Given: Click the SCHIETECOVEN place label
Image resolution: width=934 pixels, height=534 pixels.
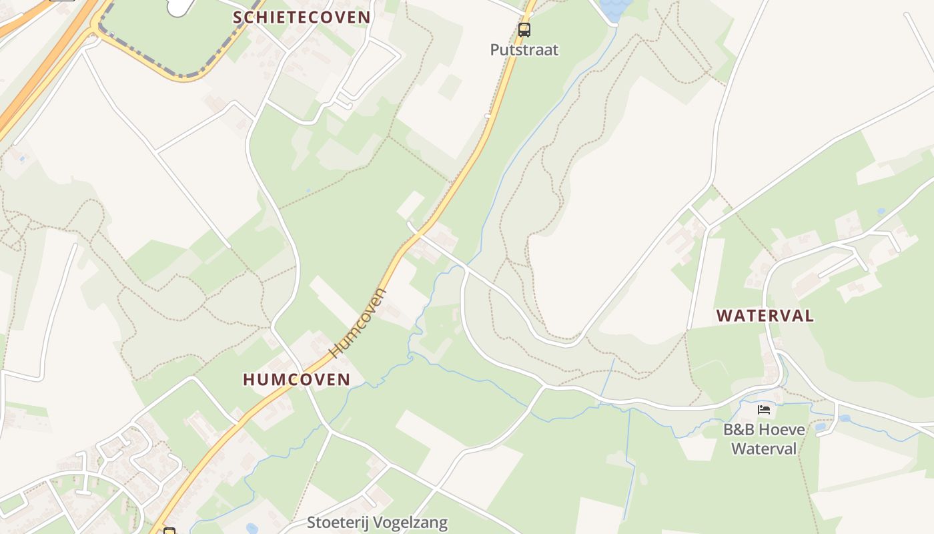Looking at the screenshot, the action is tap(301, 17).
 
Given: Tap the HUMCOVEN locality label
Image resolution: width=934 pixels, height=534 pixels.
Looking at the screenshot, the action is tap(296, 380).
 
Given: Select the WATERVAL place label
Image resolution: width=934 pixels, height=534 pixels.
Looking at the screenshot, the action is tap(765, 316).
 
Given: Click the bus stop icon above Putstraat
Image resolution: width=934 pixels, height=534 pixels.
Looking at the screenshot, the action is tap(524, 30).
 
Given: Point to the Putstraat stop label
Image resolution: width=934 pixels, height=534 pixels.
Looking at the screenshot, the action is tap(524, 50).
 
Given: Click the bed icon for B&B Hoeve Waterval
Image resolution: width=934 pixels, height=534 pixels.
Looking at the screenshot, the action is tap(764, 409).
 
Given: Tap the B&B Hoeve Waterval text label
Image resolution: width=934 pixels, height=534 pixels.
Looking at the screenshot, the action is tap(764, 439).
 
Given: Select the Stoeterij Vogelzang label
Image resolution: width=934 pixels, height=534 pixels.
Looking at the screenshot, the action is tap(377, 522).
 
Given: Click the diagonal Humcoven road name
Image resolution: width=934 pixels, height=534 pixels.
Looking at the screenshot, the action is tap(358, 322).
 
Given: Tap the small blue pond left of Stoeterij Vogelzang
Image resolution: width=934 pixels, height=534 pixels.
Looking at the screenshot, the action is tap(252, 528).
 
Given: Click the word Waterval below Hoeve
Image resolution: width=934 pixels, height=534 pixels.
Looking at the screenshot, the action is tap(764, 448).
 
